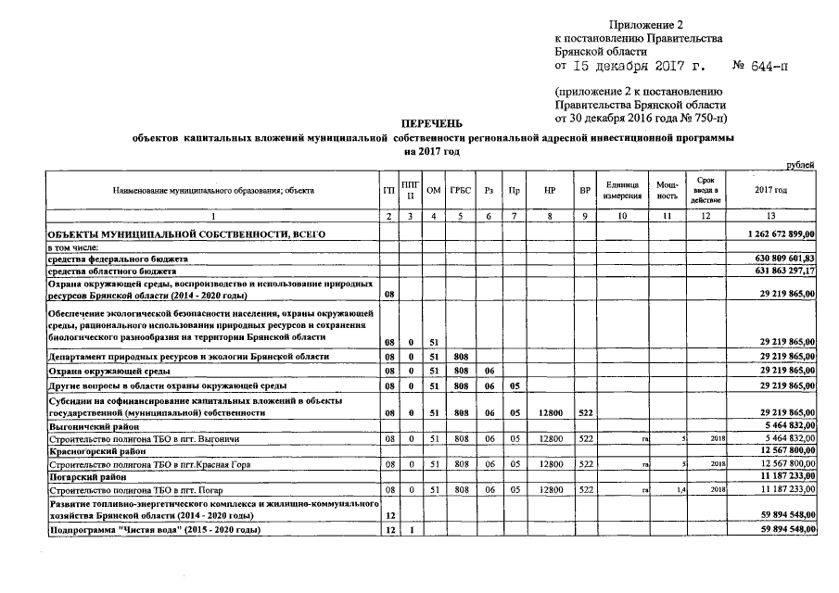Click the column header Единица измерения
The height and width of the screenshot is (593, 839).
(622, 190)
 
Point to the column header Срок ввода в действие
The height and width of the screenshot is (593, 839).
(706, 190)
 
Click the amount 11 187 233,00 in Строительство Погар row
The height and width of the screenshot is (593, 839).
(782, 487)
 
